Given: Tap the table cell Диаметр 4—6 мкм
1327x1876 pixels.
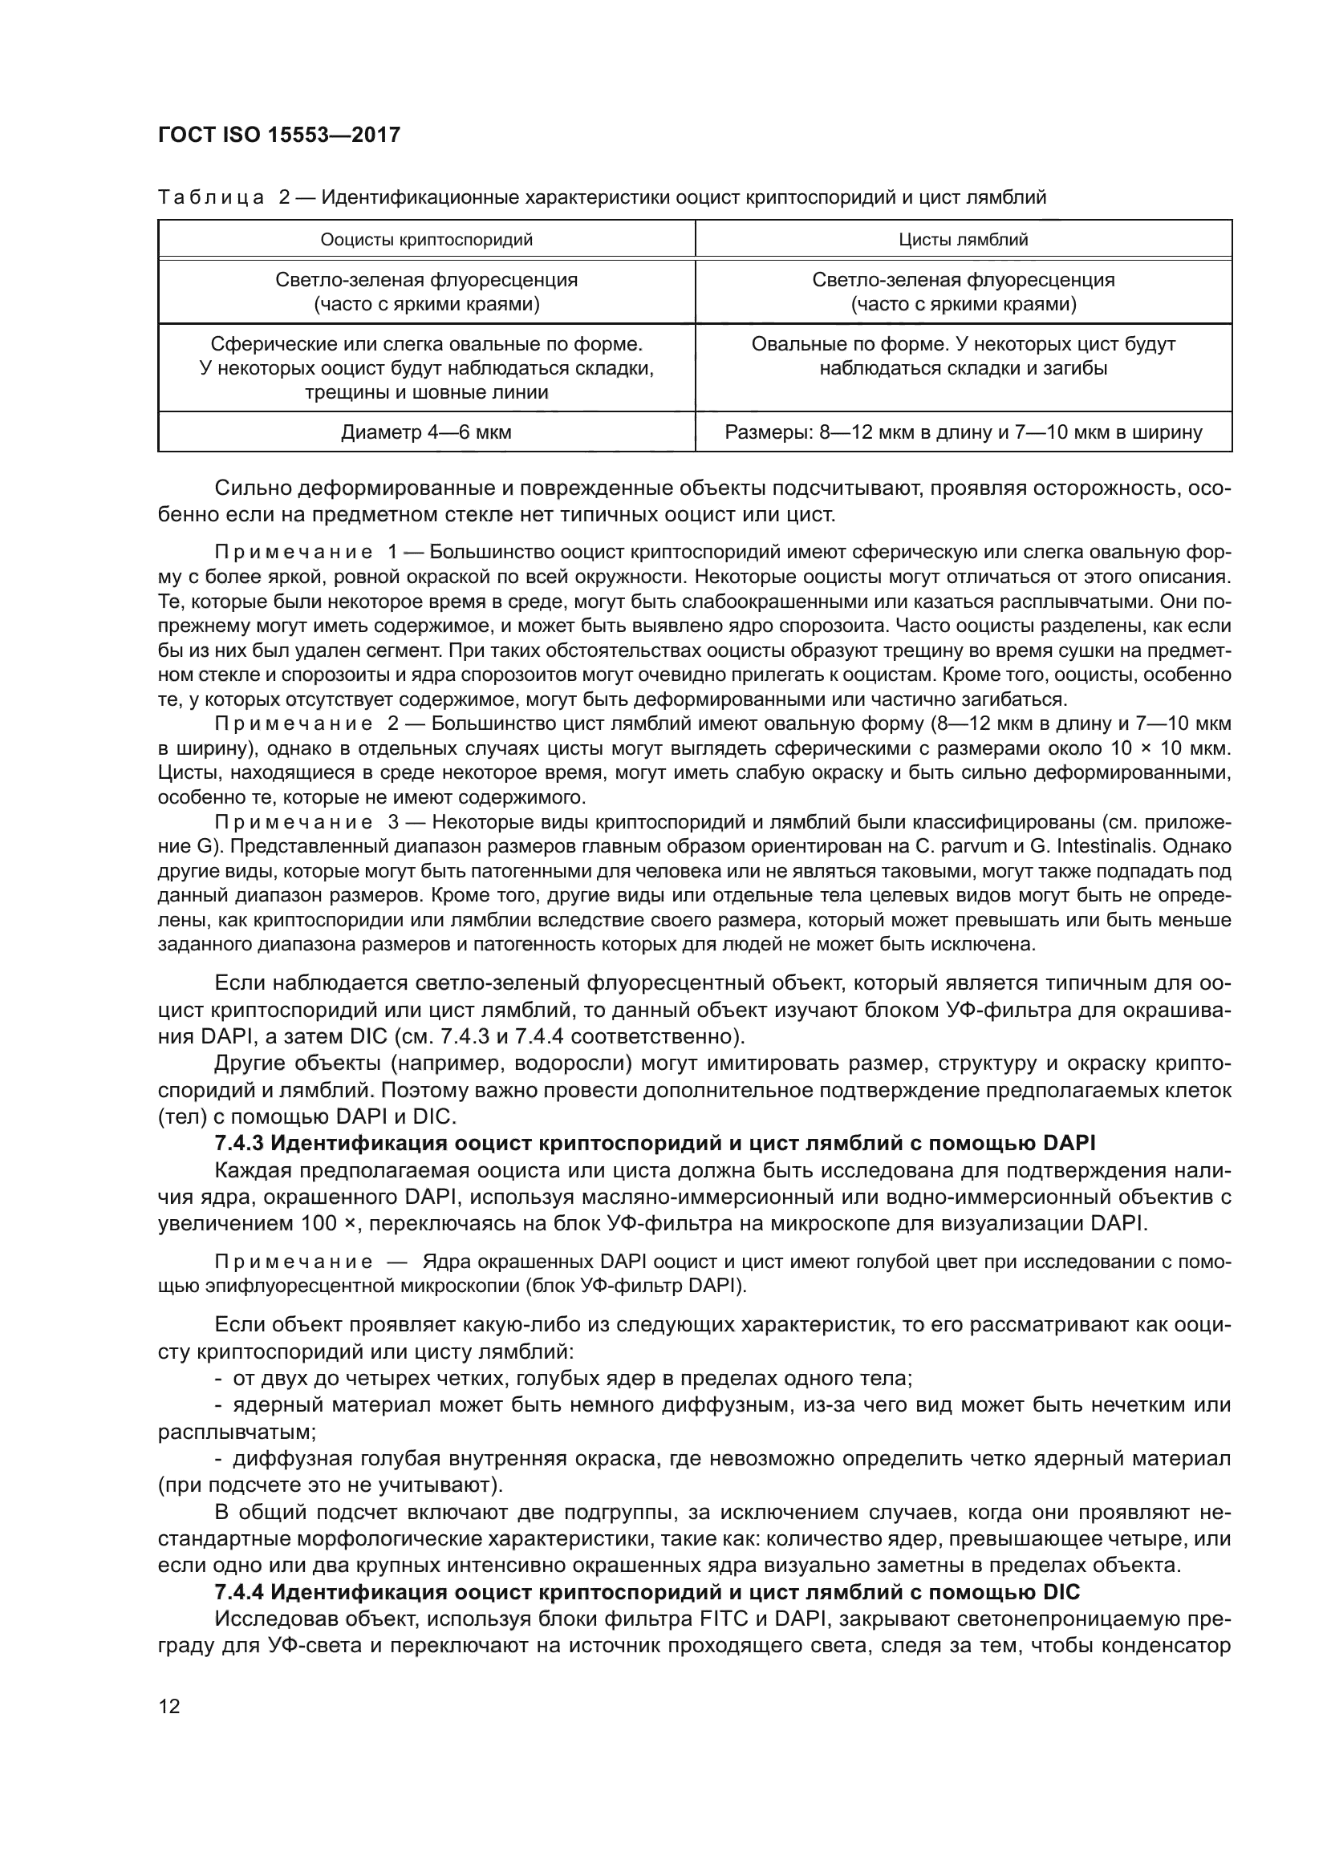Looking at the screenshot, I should pos(427,432).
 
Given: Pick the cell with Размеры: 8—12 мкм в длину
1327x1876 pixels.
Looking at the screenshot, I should pos(964,432).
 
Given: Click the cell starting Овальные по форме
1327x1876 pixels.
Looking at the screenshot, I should pos(964,356).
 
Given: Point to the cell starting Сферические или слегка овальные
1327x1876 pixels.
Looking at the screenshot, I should pos(427,367).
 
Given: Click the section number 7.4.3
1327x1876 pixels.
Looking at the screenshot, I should pos(239,1142).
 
